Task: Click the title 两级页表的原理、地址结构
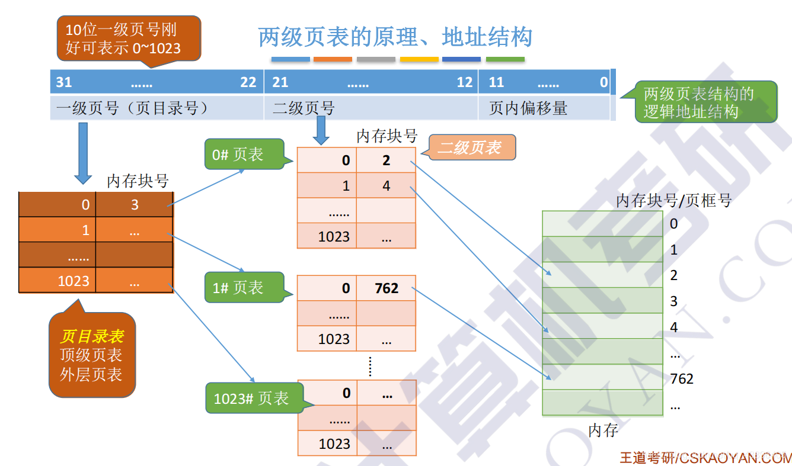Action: coord(395,37)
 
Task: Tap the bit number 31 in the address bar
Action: coord(64,82)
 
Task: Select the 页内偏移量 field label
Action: coord(528,108)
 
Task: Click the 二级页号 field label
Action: coord(304,108)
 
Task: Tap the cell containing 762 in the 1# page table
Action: coord(387,288)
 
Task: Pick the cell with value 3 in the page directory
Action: coord(135,205)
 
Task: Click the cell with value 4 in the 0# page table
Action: coord(387,186)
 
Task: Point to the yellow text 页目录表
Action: coord(92,336)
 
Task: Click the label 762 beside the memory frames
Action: coord(682,378)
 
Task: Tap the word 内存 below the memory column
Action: coord(603,430)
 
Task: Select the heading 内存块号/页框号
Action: coord(674,201)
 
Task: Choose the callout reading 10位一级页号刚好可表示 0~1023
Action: coord(129,38)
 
